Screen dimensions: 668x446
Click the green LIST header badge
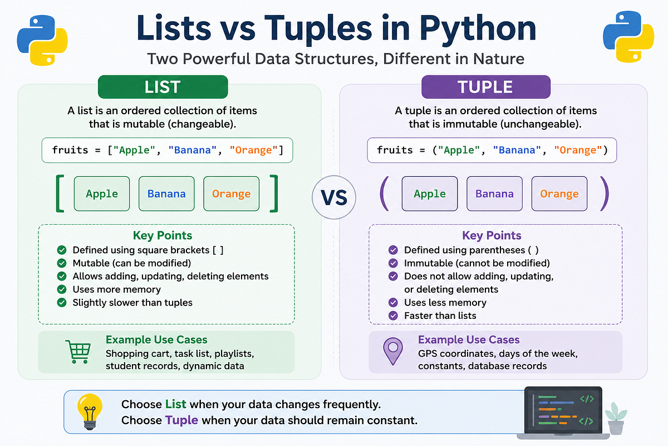[x=163, y=87]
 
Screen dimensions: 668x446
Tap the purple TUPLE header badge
[x=486, y=87]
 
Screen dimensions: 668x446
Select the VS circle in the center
[x=334, y=197]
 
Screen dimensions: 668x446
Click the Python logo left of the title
[x=42, y=40]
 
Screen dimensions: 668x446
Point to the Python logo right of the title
[x=628, y=37]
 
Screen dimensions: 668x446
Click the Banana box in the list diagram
[x=166, y=193]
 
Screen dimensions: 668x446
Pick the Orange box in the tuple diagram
[x=559, y=193]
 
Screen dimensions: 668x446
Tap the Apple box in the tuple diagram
[x=429, y=193]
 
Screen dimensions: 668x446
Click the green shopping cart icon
[x=78, y=352]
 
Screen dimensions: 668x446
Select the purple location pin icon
[x=393, y=351]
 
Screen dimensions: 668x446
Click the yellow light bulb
[x=90, y=411]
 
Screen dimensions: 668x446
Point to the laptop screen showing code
[x=563, y=410]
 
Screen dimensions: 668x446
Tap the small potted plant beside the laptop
[x=616, y=418]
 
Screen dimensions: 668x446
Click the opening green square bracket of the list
[x=60, y=193]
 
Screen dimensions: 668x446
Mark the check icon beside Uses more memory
[x=62, y=289]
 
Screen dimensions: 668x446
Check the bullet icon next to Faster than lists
[x=393, y=316]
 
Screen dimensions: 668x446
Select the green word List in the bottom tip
[x=176, y=404]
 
